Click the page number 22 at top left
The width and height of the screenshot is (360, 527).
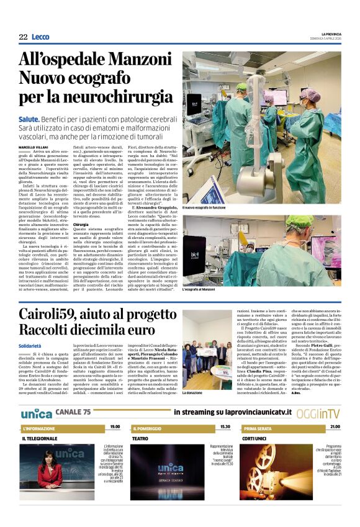coord(23,37)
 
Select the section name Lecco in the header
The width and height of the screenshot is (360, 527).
coord(40,37)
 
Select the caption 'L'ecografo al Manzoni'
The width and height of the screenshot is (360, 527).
coord(200,289)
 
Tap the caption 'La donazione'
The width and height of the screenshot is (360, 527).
coord(193,392)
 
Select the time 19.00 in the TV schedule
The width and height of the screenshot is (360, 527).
coord(115,427)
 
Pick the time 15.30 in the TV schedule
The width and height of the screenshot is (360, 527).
coord(225,427)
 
